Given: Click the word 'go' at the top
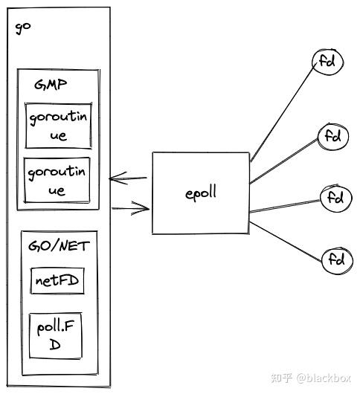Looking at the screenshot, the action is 23,28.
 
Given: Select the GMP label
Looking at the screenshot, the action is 51,85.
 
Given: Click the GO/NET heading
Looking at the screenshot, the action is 59,246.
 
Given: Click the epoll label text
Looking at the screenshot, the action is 201,193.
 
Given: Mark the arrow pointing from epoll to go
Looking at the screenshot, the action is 128,178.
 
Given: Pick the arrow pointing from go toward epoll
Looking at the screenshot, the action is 131,208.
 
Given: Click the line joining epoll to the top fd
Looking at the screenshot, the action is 283,113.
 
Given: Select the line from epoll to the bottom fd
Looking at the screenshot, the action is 286,242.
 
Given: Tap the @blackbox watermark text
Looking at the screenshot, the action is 324,378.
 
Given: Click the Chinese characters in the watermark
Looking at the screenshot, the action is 282,378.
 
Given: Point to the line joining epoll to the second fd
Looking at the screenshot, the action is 284,161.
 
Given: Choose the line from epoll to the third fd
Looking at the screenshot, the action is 285,207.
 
